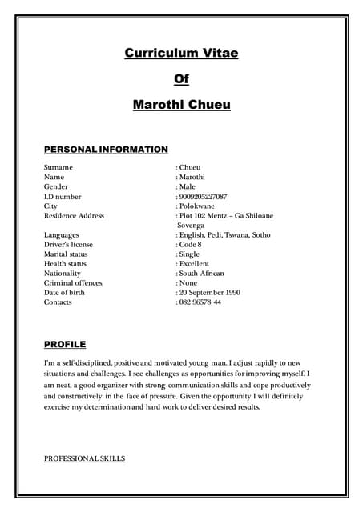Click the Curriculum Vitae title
[x=181, y=53]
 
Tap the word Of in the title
[x=181, y=78]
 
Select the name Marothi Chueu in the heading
[x=181, y=104]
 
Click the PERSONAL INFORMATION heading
[x=106, y=150]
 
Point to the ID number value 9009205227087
[x=203, y=196]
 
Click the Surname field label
[x=58, y=167]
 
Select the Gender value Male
[x=188, y=186]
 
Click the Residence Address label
[x=74, y=215]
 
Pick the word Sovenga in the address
[x=191, y=226]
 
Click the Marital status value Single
[x=190, y=254]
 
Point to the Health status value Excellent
[x=194, y=263]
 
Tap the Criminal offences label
[x=73, y=282]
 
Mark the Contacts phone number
[x=200, y=302]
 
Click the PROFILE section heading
[x=65, y=345]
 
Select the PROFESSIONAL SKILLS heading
[x=84, y=458]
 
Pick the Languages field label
[x=62, y=234]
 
